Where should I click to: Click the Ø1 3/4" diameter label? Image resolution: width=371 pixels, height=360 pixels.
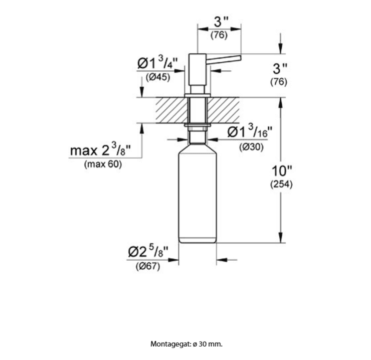158,62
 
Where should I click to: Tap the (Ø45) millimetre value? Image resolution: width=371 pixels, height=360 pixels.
158,77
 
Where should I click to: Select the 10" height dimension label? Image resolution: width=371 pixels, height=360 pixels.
282,171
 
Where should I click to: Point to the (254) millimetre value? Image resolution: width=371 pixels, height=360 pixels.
282,184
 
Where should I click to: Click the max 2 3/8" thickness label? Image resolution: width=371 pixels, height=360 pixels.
100,150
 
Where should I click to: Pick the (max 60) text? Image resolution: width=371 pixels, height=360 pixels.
103,164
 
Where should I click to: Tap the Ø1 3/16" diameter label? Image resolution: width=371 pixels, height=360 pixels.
250,131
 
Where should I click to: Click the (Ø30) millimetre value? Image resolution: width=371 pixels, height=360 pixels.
251,147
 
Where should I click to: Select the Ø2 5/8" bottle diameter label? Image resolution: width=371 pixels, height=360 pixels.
148,252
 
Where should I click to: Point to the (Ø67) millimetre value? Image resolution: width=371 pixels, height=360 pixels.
148,266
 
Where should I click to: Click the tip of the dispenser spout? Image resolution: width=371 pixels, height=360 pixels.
240,57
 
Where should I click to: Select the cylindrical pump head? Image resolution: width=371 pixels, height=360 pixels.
197,70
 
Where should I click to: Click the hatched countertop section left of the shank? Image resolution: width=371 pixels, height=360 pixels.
172,110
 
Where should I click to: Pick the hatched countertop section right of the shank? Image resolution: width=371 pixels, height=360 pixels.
223,110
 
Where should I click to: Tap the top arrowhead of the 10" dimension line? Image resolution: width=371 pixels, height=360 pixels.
281,102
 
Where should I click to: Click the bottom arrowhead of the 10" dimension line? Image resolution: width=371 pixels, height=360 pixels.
281,238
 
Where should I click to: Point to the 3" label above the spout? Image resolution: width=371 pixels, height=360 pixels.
221,22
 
